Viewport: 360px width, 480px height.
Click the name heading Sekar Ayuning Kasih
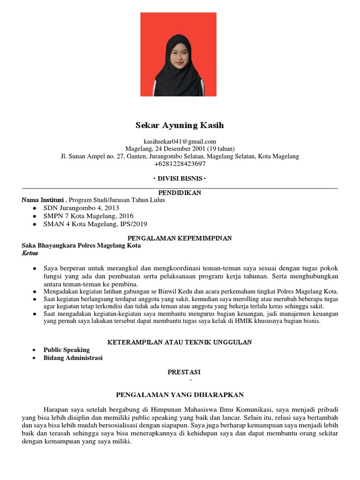click(180, 126)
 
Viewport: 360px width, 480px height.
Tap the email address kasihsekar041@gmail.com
click(180, 141)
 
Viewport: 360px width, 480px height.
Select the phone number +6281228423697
click(180, 164)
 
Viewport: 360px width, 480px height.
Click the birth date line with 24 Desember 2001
click(180, 149)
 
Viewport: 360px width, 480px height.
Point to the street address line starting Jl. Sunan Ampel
click(180, 156)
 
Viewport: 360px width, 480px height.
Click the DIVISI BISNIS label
click(180, 179)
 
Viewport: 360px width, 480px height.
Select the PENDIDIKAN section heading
click(180, 193)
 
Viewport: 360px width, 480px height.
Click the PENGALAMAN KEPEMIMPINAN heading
click(180, 238)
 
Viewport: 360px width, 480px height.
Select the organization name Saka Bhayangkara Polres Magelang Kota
click(81, 246)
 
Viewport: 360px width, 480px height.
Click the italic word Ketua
click(30, 253)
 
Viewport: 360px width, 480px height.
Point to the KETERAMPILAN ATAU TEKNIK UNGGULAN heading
click(180, 342)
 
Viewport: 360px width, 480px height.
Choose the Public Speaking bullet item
click(66, 350)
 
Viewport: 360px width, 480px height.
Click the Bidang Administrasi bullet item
click(73, 358)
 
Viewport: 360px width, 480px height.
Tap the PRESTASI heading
click(184, 372)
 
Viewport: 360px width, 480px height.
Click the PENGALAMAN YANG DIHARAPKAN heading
click(180, 395)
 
